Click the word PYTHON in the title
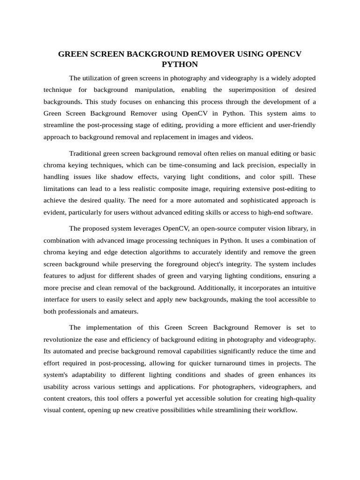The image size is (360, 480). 180,64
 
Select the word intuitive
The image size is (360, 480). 300,287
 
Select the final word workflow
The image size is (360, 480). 282,410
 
